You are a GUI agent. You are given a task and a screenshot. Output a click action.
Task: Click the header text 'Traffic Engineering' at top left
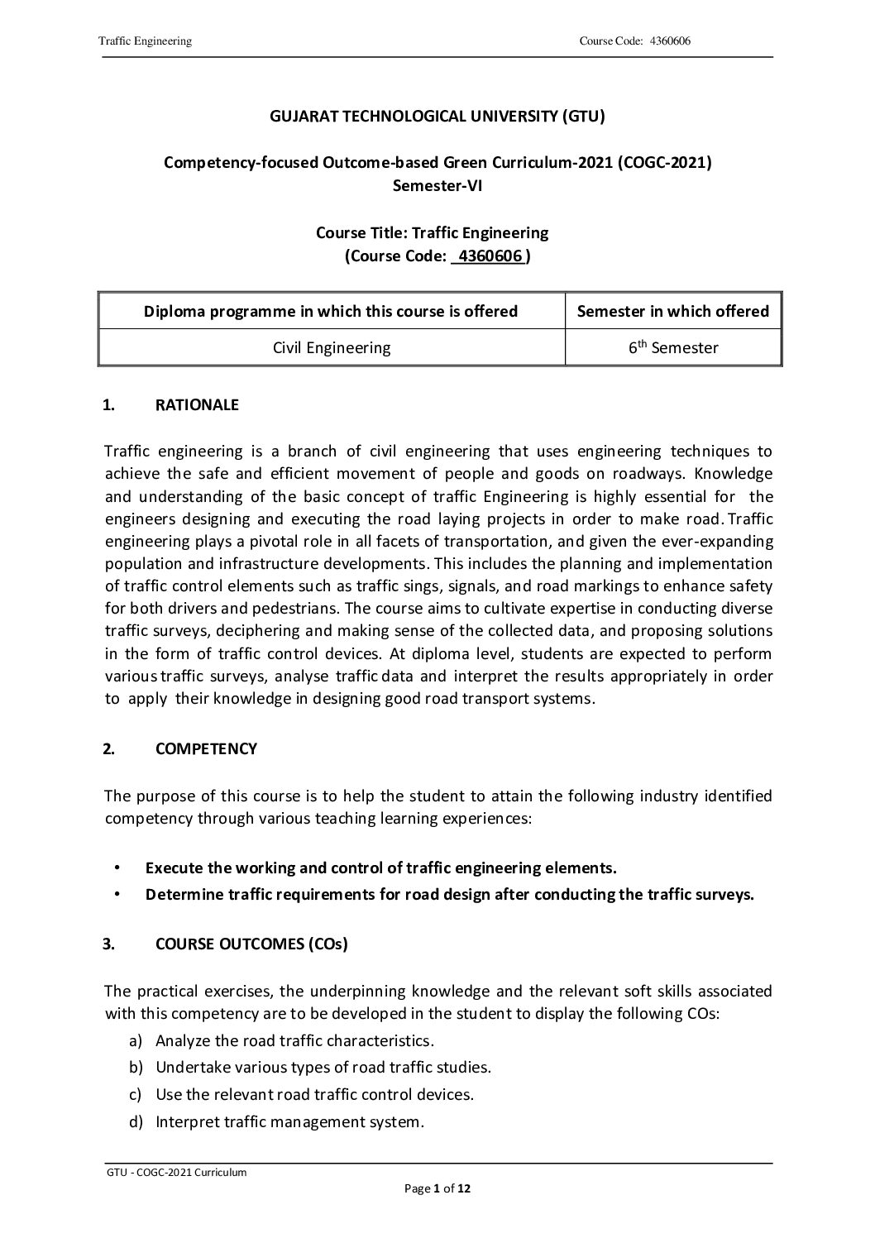145,41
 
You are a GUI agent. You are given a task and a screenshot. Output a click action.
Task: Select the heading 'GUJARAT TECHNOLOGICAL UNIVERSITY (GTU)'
437,117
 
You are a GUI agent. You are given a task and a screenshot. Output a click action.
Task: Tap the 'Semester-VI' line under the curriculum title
437,185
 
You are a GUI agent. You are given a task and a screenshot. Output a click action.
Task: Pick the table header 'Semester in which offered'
672,311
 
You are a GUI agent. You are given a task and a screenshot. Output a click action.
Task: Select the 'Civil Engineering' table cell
331,347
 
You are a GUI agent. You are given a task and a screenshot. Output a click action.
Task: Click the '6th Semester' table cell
672,347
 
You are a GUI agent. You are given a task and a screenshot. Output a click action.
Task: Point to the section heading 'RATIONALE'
197,405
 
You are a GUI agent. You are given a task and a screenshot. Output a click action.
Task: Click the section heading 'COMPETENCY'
206,749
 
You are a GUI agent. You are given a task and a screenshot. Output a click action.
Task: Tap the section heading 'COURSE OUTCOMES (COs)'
251,944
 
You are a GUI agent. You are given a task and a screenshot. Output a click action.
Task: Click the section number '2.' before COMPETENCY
108,749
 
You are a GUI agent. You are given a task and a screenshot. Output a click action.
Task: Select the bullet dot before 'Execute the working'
117,868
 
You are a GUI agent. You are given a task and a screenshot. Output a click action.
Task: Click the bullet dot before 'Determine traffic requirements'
117,894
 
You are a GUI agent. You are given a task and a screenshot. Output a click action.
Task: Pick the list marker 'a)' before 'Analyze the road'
135,1040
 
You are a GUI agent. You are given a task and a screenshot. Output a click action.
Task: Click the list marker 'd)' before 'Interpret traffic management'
135,1122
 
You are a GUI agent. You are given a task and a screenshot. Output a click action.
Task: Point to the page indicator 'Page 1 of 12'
437,1189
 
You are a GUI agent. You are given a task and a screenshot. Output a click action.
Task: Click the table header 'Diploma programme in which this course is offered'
331,311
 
